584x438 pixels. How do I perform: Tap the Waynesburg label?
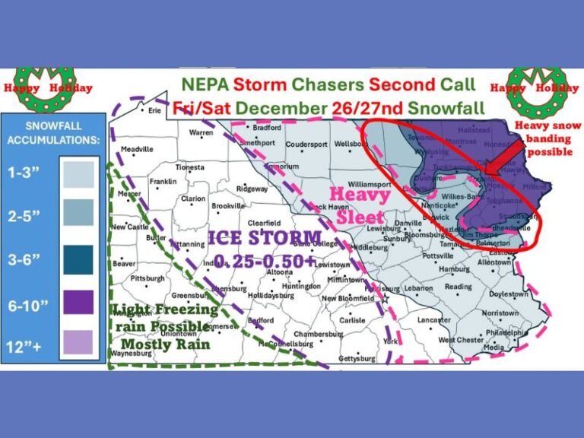point(131,354)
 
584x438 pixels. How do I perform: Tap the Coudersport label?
point(306,144)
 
